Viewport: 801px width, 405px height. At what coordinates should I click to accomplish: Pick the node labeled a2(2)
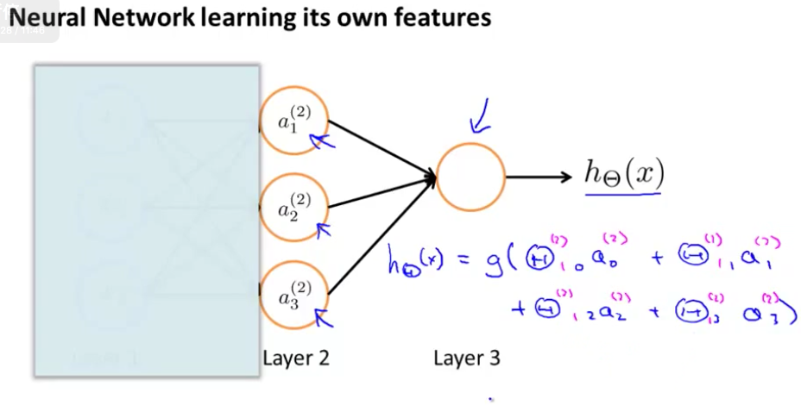294,207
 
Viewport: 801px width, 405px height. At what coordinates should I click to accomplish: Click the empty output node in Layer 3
471,177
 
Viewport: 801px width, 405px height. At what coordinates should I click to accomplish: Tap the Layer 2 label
296,356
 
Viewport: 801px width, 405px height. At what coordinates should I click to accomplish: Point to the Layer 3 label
467,356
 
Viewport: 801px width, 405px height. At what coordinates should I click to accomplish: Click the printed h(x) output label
624,174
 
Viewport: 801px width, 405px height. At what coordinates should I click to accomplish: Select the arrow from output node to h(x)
539,178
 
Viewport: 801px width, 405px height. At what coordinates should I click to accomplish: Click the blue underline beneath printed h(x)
623,196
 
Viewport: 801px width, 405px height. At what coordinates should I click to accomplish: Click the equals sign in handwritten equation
461,259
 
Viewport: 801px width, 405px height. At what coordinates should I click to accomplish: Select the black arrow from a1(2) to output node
380,148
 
